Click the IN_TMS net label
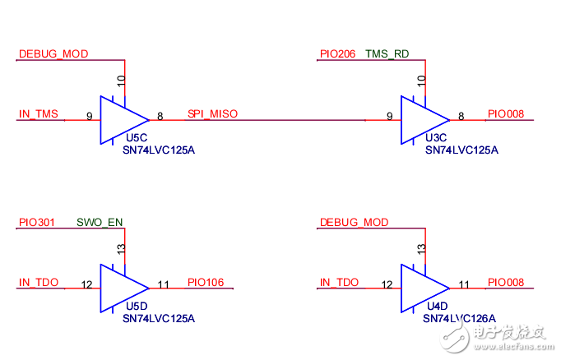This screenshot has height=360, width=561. point(39,114)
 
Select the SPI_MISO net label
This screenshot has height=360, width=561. point(212,114)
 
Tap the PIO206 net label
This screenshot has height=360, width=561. point(337,54)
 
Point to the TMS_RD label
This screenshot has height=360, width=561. point(387,54)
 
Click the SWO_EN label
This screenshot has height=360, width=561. point(100,222)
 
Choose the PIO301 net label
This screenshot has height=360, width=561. point(37,222)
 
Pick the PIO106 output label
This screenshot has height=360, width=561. point(206,283)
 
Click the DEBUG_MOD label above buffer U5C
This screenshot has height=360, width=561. point(53,54)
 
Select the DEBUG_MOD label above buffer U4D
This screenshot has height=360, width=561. point(354,222)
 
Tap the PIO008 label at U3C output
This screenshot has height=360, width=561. point(506,114)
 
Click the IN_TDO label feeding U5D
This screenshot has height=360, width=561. point(39,283)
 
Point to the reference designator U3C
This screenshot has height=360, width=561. point(436,139)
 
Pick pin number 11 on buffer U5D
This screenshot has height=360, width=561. point(163,284)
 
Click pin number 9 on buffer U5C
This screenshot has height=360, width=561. point(88,117)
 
